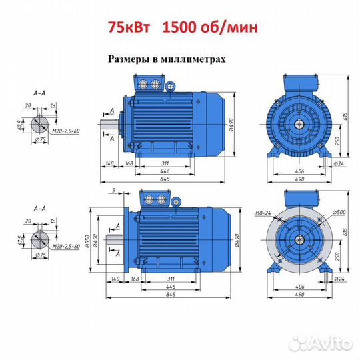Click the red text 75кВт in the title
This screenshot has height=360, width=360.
tap(129, 27)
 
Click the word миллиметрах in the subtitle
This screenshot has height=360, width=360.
tap(193, 59)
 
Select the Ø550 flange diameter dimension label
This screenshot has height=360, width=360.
tap(87, 241)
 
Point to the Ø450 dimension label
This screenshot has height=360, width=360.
tap(95, 241)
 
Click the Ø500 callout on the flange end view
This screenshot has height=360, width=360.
tap(339, 212)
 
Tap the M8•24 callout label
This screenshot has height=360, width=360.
tap(263, 213)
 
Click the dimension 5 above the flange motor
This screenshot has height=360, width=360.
tap(113, 190)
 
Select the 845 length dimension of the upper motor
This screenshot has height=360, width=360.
tap(165, 179)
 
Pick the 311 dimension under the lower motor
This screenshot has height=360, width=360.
tap(171, 279)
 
